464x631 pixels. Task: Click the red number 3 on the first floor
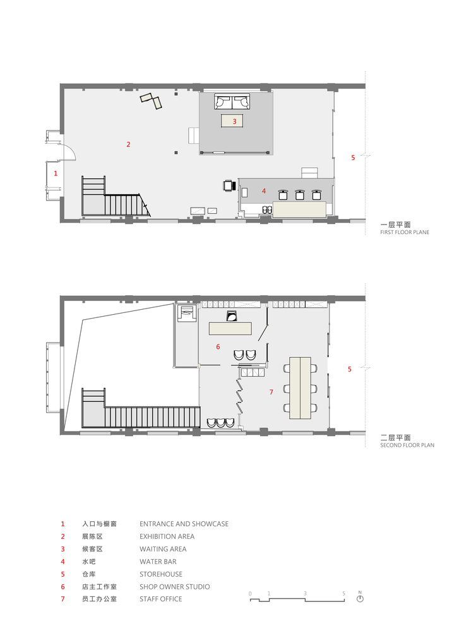click(x=234, y=121)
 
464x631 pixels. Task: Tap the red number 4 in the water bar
click(x=264, y=191)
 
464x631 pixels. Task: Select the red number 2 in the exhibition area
click(x=128, y=144)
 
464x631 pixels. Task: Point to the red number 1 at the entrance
click(x=56, y=172)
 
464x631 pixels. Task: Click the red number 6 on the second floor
click(x=218, y=346)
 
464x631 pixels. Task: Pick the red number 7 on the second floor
click(x=271, y=392)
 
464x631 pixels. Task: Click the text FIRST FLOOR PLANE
click(x=404, y=232)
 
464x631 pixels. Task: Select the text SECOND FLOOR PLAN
click(x=407, y=445)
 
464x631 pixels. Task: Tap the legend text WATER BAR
click(x=158, y=562)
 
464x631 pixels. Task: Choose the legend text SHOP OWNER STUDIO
click(x=174, y=587)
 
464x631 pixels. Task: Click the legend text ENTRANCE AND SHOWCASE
click(x=184, y=524)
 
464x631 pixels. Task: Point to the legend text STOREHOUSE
click(x=160, y=574)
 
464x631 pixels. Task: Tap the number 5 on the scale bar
click(x=343, y=593)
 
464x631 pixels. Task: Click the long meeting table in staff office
click(x=301, y=388)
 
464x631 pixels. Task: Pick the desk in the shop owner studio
click(x=230, y=329)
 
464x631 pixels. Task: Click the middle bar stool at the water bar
click(x=300, y=195)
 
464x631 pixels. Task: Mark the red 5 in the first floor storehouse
click(x=353, y=158)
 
